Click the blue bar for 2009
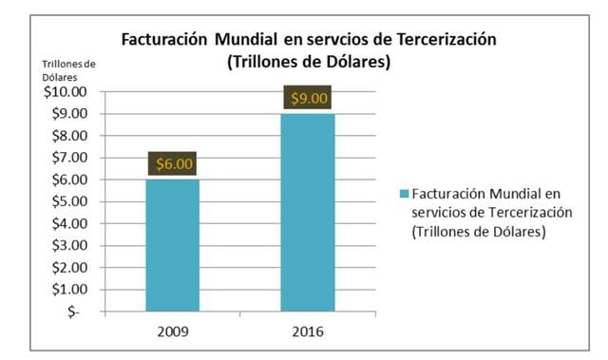click(x=173, y=244)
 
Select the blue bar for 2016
click(x=308, y=211)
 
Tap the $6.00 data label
click(x=173, y=163)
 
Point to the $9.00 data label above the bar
click(x=308, y=98)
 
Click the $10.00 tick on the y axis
click(x=65, y=92)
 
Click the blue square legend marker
click(x=404, y=195)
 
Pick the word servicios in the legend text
click(x=438, y=212)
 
